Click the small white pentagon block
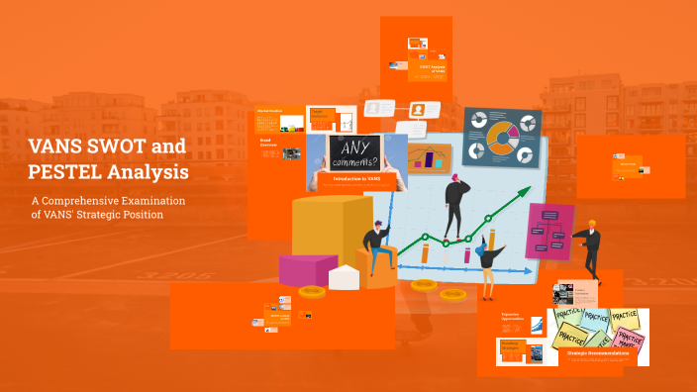click(344, 277)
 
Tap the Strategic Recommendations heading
click(596, 352)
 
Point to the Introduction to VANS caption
click(350, 178)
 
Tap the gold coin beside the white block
click(312, 292)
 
